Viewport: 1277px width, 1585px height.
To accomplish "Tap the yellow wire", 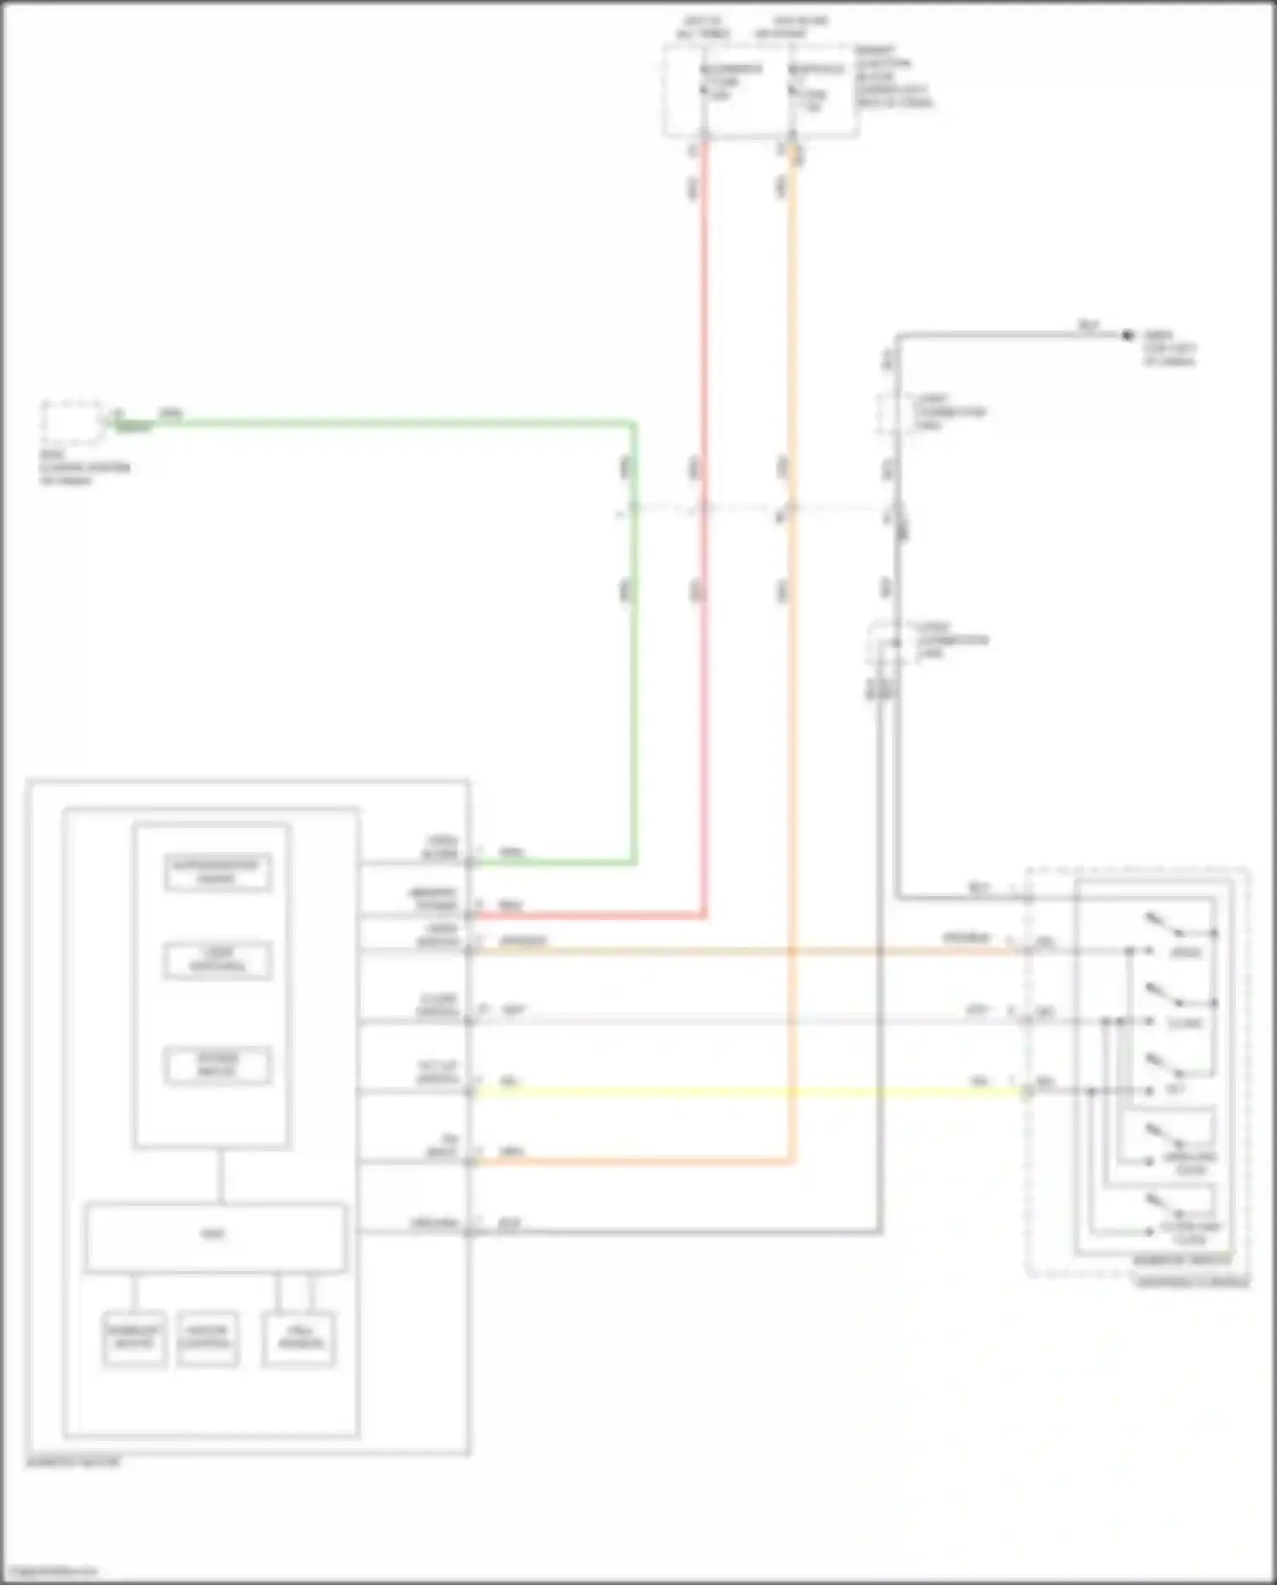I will click(749, 1092).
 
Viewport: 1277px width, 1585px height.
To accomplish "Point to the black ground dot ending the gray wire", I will click(1128, 336).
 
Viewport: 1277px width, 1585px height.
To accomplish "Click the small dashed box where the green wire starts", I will click(72, 422).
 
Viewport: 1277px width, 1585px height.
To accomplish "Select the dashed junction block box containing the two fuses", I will click(760, 91).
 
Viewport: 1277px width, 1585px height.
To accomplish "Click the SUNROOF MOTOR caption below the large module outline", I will click(73, 1462).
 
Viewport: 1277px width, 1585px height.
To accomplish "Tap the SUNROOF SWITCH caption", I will click(1183, 1261).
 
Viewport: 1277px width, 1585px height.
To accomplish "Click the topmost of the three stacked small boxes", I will click(218, 872).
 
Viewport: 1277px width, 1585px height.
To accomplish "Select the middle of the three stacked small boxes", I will click(218, 960).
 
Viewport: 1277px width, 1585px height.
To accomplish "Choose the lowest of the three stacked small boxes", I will click(218, 1065).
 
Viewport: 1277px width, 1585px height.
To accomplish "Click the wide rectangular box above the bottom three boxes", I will click(215, 1237).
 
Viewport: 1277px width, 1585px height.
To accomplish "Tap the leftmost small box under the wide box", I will click(135, 1338).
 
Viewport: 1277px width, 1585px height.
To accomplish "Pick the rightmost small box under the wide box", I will click(298, 1338).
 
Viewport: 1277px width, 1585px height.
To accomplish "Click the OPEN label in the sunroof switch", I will click(1185, 952).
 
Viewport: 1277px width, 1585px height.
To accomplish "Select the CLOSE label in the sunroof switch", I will click(1185, 1023).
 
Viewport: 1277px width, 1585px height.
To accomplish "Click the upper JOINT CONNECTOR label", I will click(949, 412).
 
